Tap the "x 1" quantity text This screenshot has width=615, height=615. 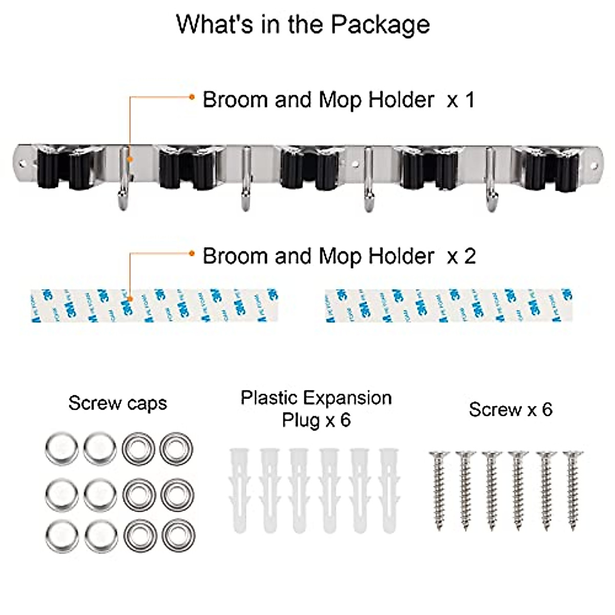tap(461, 100)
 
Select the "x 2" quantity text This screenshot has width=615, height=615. tap(461, 256)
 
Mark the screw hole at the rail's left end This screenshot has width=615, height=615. tap(22, 164)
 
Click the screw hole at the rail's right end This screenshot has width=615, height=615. tap(594, 165)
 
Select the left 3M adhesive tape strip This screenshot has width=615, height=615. tap(154, 305)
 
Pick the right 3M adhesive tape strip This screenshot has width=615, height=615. tap(448, 305)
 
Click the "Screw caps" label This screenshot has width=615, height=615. tap(117, 404)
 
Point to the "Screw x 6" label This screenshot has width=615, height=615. tap(510, 409)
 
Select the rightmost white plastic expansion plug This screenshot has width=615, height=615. tap(389, 489)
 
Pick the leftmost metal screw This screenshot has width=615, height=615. tap(439, 489)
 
